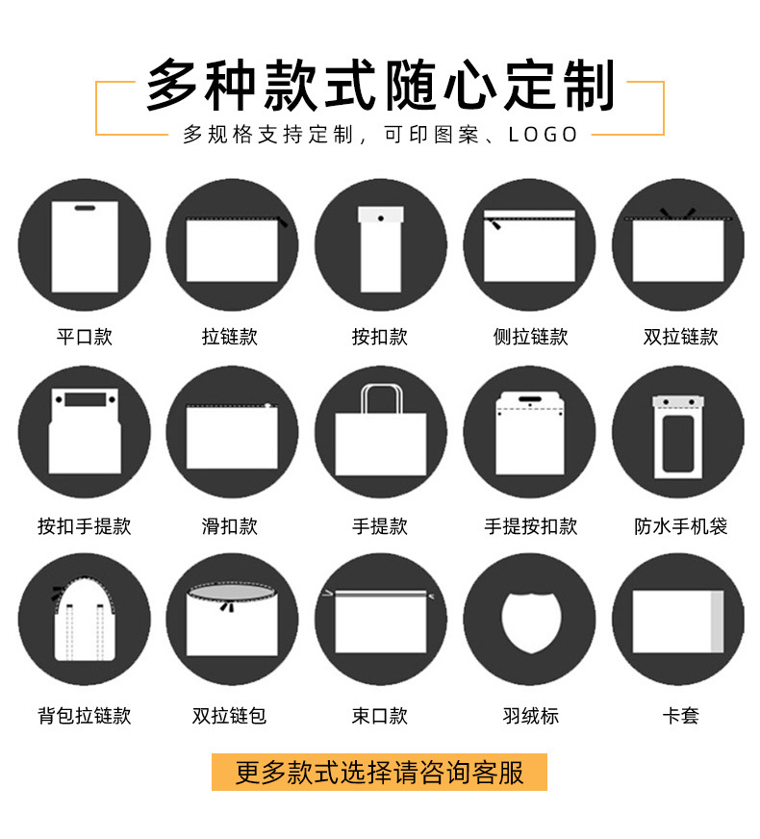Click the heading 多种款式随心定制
tap(380, 85)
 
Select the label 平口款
tap(85, 337)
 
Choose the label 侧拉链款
tap(530, 337)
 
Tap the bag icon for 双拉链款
tap(678, 245)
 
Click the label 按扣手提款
tap(85, 526)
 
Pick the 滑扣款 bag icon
tap(232, 435)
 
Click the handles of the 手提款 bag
tap(381, 397)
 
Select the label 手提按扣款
tap(530, 526)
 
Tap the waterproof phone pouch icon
tap(678, 434)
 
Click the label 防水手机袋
tap(680, 526)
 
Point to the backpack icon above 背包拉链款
tap(85, 621)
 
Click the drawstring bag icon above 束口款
tap(381, 621)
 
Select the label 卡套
tap(680, 716)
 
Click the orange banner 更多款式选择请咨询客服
tap(380, 772)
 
